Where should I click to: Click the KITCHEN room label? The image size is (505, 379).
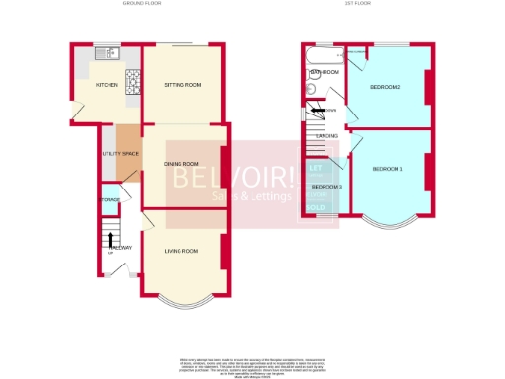click(107, 86)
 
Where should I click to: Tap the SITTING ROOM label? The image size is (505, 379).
click(182, 86)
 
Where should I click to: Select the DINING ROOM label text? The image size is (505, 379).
click(181, 164)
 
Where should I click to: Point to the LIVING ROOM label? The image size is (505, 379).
click(180, 251)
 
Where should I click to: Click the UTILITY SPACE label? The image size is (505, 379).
click(120, 155)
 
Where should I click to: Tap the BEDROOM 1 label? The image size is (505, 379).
click(388, 170)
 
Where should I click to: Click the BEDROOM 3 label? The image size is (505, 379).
click(326, 187)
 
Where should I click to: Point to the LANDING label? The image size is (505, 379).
click(326, 136)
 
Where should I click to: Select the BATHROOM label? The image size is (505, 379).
click(325, 72)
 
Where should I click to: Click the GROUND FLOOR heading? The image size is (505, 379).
click(142, 4)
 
